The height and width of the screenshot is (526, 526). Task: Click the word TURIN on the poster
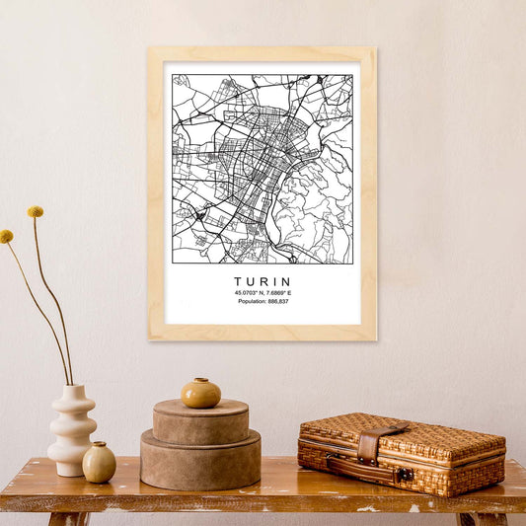[x=263, y=281]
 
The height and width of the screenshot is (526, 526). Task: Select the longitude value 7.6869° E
[x=280, y=293]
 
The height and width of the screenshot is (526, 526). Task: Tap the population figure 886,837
[x=277, y=302]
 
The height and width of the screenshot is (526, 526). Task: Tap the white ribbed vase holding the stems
[x=72, y=429]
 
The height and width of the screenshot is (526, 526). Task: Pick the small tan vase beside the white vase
[x=99, y=462]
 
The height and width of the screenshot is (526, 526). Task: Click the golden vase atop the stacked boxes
[x=200, y=393]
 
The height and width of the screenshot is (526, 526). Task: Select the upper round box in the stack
[x=200, y=421]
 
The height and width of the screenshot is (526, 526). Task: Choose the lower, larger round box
[x=200, y=462]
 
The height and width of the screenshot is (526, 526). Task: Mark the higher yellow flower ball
[x=36, y=211]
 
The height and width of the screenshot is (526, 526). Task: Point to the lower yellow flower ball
[x=6, y=237]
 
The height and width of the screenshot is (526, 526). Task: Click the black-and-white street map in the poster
[x=262, y=168]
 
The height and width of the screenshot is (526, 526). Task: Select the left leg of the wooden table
[x=67, y=518]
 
